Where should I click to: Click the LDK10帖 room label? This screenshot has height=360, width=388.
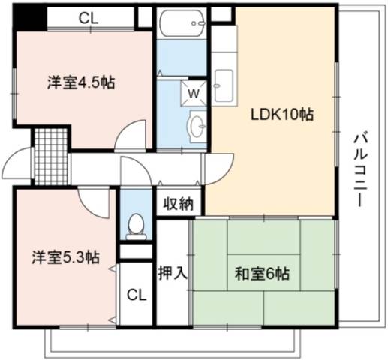282,115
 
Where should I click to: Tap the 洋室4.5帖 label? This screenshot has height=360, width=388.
81,82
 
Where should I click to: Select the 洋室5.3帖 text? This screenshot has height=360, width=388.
66,257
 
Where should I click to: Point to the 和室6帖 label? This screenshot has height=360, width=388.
262,274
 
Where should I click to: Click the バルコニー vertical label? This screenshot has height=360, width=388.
360,169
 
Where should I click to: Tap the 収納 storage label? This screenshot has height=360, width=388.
179,203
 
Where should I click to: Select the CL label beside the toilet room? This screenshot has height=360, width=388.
137,295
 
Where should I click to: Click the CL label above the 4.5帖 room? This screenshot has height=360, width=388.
89,18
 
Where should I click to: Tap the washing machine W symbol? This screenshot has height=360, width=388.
194,94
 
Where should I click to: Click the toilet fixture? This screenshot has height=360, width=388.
136,226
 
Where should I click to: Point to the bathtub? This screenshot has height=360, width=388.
182,23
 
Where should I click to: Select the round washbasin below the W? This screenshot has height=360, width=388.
198,127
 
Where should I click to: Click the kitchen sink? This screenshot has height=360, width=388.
224,85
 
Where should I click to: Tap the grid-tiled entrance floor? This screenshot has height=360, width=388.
51,157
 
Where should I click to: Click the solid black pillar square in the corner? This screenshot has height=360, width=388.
29,18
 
